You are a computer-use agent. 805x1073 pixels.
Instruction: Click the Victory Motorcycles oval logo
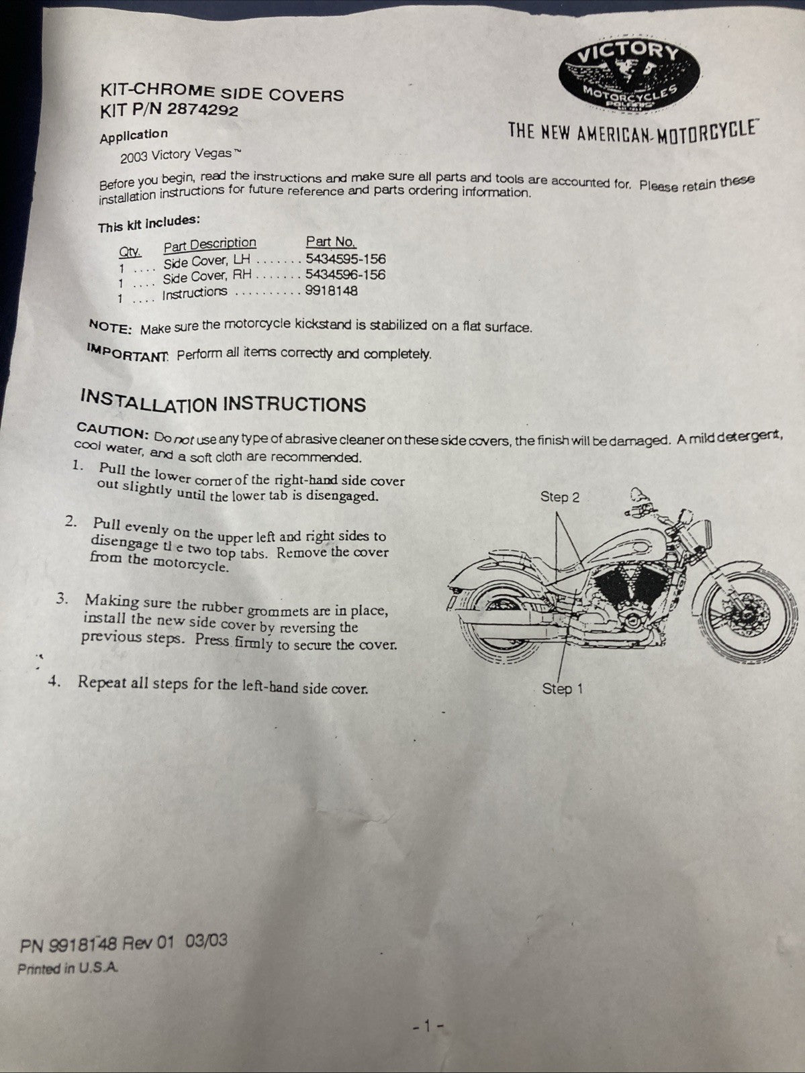(x=629, y=77)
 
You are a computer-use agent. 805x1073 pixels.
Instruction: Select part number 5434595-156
(x=345, y=258)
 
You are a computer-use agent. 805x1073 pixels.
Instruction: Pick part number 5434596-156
(x=345, y=274)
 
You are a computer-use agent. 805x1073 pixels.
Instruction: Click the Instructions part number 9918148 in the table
(x=332, y=291)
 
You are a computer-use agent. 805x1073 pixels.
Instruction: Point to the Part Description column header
(x=209, y=244)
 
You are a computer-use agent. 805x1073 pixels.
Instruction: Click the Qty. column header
(x=130, y=252)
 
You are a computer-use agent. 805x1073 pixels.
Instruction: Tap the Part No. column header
(x=331, y=242)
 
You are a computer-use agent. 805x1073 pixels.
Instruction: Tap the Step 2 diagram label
(x=559, y=497)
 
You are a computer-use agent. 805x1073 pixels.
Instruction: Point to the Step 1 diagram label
(x=563, y=688)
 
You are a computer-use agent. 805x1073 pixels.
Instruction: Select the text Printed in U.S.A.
(x=68, y=968)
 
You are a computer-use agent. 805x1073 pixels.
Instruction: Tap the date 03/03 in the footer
(x=206, y=941)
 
